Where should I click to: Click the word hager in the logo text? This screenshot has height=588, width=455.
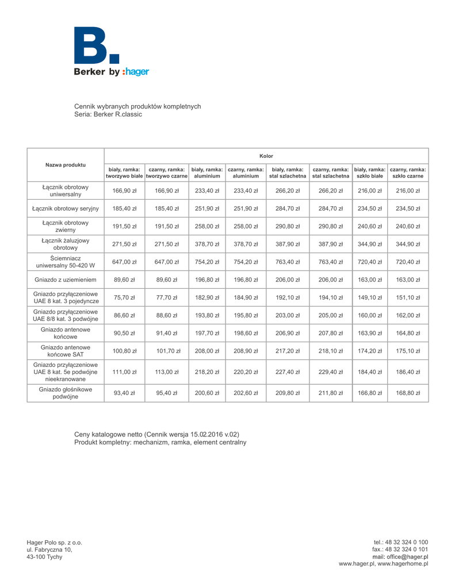(136, 72)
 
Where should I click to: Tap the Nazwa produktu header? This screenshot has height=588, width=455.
(66, 165)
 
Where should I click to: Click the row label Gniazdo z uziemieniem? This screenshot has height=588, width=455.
(66, 279)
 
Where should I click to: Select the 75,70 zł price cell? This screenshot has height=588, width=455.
(124, 297)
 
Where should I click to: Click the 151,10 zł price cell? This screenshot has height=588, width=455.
(408, 297)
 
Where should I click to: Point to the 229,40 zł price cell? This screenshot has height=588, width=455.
(330, 372)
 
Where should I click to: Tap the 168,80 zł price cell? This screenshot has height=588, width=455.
(408, 393)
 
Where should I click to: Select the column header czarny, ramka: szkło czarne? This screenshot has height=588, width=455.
(408, 173)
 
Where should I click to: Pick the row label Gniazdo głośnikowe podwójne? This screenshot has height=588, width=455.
(66, 393)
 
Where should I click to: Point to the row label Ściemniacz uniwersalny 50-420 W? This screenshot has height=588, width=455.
(66, 261)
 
